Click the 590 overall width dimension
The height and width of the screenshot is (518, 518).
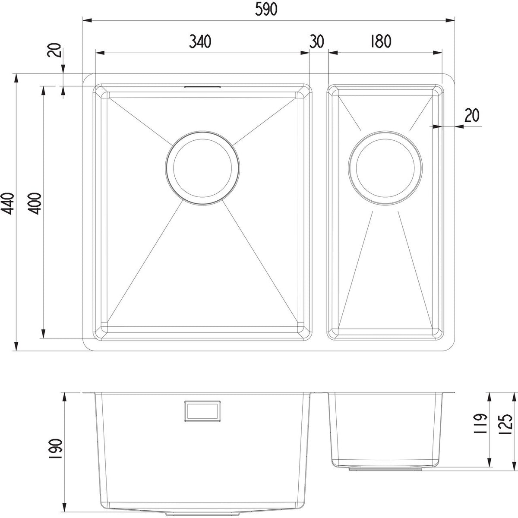coord(266,9)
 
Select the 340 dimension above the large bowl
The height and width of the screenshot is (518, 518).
coord(200,42)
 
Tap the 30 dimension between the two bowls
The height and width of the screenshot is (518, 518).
coord(317,42)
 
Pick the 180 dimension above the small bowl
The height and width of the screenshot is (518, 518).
coord(381,41)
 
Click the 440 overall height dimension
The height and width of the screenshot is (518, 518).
coord(7,203)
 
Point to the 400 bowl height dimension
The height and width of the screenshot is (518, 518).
coord(35,203)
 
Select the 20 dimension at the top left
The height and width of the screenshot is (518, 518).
coord(54,50)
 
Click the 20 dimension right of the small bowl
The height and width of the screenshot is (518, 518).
coord(472,116)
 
